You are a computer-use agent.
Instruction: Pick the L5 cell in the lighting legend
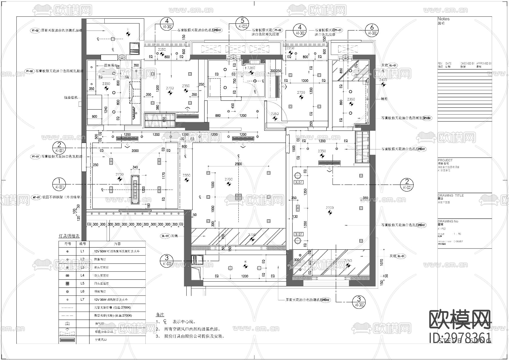(82, 283)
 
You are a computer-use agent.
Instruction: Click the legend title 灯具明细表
(69, 236)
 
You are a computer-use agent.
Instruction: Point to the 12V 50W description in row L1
(117, 251)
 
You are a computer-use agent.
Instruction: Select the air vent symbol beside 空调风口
(67, 340)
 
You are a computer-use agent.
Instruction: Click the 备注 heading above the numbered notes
(160, 314)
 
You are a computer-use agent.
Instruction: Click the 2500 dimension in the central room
(238, 164)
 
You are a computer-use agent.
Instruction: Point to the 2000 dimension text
(135, 151)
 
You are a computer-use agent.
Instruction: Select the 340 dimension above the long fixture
(135, 167)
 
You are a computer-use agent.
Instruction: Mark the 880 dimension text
(218, 115)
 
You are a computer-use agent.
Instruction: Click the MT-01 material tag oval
(36, 197)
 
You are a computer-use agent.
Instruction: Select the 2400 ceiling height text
(383, 80)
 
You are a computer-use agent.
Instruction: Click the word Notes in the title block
(443, 19)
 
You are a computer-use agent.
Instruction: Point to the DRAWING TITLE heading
(450, 195)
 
